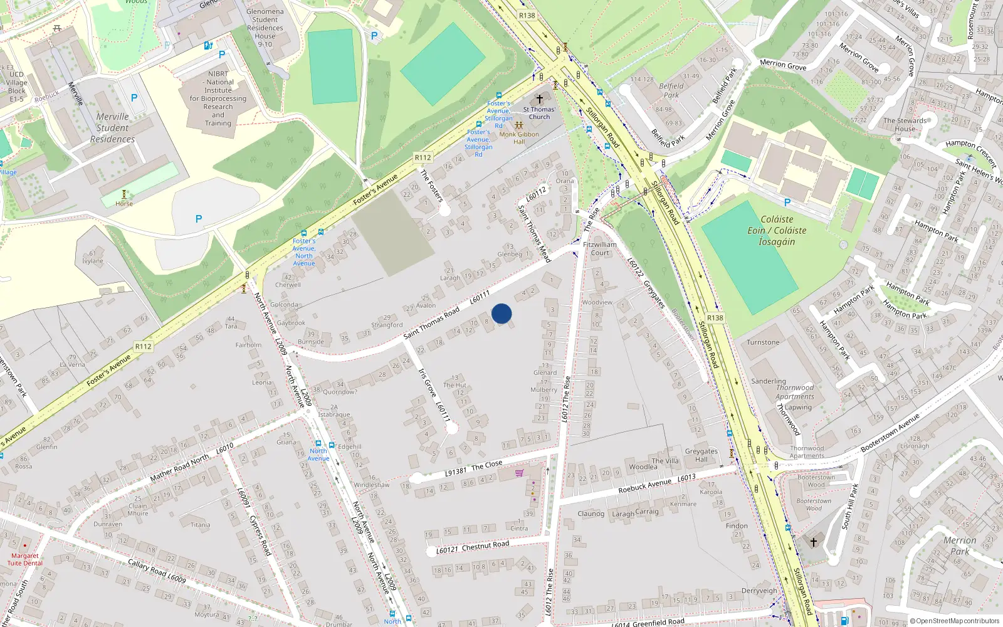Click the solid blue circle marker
coord(501,313)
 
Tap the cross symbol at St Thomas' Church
coord(539,99)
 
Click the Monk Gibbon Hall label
coord(519,137)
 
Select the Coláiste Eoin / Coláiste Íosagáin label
coord(777,230)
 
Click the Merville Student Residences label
coord(112,128)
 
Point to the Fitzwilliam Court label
coord(600,248)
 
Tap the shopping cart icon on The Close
coord(519,473)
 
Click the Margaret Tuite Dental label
coord(25,559)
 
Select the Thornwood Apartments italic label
coord(794,392)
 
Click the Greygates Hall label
coord(701,455)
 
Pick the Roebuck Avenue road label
coord(644,485)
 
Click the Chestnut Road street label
coord(485,545)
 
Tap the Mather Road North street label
coord(179,468)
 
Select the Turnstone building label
coord(763,342)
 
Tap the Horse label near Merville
coord(124,203)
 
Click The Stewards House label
coord(905,124)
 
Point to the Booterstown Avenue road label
coord(890,433)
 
